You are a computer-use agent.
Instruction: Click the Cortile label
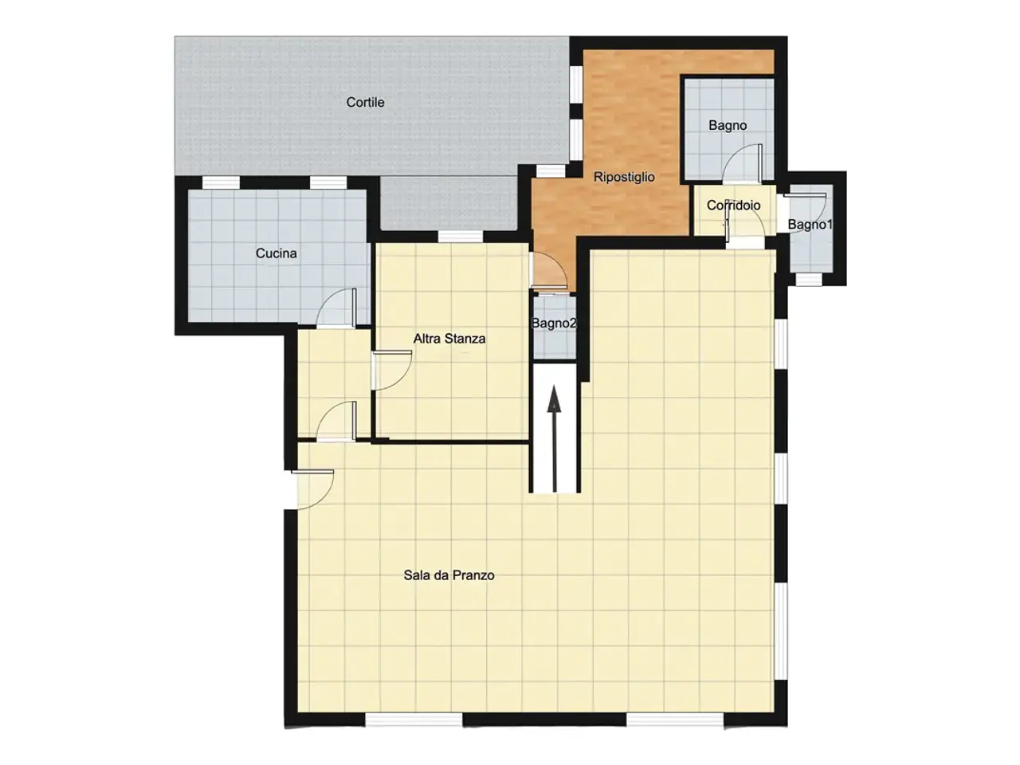pos(365,102)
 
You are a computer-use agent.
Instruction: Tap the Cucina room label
pos(276,253)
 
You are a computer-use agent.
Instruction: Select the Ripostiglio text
pos(624,177)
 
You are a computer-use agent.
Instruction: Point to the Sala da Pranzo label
pos(449,575)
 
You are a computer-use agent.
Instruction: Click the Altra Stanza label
pos(449,339)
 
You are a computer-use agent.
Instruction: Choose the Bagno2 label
pos(554,324)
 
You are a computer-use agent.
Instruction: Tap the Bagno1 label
pos(810,225)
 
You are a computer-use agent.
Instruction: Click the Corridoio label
pos(733,206)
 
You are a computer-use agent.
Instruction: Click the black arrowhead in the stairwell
pos(554,399)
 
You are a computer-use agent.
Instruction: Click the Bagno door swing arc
pos(743,162)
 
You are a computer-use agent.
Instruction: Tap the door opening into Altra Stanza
pos(392,371)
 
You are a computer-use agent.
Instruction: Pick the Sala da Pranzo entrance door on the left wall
pos(312,489)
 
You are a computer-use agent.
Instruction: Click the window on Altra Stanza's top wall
pos(461,237)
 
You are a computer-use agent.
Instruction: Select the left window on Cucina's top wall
pos(222,182)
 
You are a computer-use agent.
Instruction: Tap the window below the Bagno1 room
pos(810,279)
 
